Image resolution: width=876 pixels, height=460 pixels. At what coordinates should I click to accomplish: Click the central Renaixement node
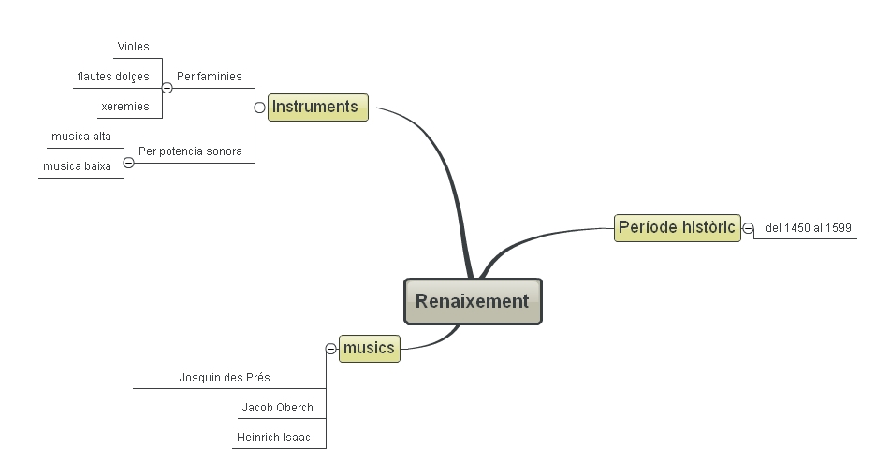[473, 301]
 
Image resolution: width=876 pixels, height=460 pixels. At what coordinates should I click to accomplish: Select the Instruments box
[317, 107]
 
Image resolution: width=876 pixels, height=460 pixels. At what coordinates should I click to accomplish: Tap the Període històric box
[677, 227]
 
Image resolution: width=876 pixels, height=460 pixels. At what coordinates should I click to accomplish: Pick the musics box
[369, 349]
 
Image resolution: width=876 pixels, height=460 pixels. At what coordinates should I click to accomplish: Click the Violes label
[133, 47]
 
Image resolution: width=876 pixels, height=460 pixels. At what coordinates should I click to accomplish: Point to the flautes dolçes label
[113, 77]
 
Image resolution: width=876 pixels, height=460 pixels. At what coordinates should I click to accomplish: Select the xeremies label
[124, 107]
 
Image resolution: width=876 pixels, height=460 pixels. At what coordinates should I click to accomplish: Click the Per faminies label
[209, 77]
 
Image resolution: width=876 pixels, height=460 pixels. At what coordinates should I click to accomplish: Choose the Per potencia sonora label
[190, 151]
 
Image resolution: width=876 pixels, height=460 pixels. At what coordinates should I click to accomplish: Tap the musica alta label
[81, 137]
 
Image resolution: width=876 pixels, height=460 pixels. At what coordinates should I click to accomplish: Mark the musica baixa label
[77, 166]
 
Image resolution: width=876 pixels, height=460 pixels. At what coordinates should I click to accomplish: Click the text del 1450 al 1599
[808, 227]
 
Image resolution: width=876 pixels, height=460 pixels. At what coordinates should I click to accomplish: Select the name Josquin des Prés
[225, 378]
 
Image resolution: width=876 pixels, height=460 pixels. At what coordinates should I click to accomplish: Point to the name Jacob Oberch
[277, 408]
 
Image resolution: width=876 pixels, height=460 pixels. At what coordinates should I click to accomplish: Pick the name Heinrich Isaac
[273, 438]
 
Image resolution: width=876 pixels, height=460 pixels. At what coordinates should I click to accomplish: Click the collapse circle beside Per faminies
[167, 88]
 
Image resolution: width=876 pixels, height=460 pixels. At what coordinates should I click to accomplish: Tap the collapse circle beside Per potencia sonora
[129, 163]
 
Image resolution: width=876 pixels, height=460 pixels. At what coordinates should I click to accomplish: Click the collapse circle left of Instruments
[259, 108]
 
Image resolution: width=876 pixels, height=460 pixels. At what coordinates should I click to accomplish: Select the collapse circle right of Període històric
[749, 228]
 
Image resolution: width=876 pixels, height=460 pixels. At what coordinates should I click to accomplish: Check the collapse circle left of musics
[330, 350]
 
